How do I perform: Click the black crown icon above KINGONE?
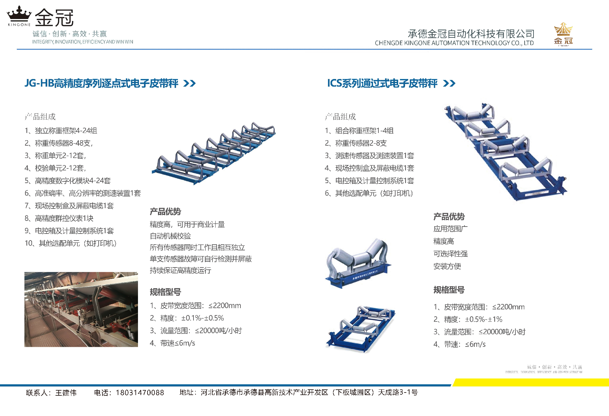coord(19,14)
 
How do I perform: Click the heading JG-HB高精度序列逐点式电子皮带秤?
coord(101,83)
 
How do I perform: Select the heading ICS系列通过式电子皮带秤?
coord(382,83)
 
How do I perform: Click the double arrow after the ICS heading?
coord(449,83)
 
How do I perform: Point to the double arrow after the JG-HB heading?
coord(190,83)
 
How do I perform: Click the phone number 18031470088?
coord(140,393)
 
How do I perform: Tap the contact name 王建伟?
coord(66,393)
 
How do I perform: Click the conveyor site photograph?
coord(81,309)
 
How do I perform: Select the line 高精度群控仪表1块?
coord(59,218)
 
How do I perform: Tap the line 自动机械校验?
coord(170,236)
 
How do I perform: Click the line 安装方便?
coord(447,266)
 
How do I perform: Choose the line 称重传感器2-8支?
coord(356,143)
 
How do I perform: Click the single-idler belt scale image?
coord(358,263)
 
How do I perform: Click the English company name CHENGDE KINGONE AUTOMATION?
coord(454,43)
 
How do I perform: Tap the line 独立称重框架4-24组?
coord(61,131)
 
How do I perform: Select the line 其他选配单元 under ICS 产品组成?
coord(369,193)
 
